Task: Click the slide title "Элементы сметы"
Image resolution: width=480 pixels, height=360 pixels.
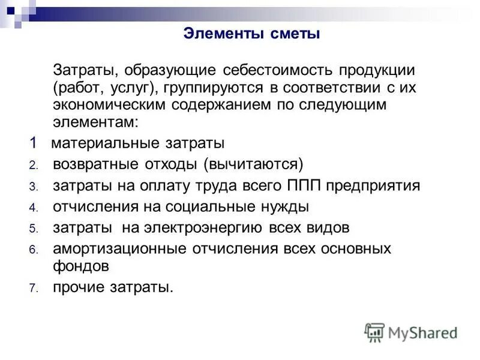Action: pyautogui.click(x=251, y=34)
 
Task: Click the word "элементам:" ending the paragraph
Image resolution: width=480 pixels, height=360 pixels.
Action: pyautogui.click(x=86, y=124)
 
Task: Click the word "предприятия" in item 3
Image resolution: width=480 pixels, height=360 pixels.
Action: pyautogui.click(x=375, y=186)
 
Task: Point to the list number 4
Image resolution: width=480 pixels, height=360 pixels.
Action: pyautogui.click(x=34, y=208)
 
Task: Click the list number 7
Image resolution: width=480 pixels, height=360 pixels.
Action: pyautogui.click(x=34, y=289)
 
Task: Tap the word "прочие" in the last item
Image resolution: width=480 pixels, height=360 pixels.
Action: pyautogui.click(x=77, y=287)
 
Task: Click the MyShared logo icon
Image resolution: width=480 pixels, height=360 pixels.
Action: pyautogui.click(x=374, y=332)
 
